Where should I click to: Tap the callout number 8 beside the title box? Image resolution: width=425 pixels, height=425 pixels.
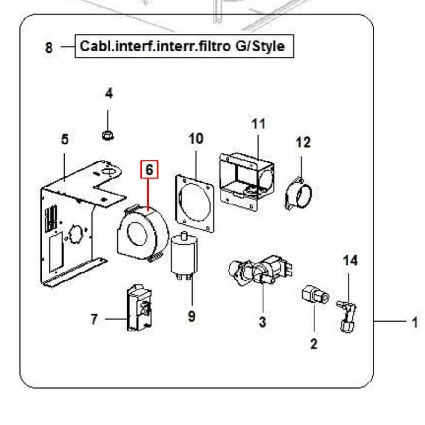tap(49, 48)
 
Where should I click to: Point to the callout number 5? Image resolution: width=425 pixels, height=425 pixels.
tap(65, 140)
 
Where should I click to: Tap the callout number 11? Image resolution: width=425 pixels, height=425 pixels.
tap(258, 124)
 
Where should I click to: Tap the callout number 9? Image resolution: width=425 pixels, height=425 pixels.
tap(191, 315)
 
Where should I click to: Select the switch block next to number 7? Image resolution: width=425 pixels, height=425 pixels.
tap(140, 308)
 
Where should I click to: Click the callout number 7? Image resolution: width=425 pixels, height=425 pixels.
tap(94, 320)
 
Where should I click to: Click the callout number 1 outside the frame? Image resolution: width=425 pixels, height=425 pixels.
tap(415, 323)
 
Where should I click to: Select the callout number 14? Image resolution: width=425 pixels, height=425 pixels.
tap(350, 260)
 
